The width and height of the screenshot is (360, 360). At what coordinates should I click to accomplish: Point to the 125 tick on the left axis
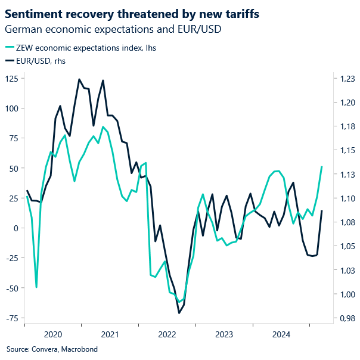tap(11, 79)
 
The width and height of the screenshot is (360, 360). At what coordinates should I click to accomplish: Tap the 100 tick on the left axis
tap(11, 108)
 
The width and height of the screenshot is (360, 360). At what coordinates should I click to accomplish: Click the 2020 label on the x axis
tap(52, 334)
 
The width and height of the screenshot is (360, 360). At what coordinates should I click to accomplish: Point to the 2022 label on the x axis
tap(167, 334)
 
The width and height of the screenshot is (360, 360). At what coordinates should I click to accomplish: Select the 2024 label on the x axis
tap(281, 334)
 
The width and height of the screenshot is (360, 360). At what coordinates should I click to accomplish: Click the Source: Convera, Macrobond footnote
tap(52, 349)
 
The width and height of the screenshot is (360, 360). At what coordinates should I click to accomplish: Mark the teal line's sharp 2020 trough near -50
tap(36, 287)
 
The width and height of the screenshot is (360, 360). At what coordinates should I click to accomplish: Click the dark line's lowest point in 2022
tap(179, 313)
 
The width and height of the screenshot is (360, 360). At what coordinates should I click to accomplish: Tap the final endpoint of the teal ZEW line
tap(322, 167)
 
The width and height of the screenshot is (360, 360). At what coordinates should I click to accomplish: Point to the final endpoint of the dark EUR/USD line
tap(322, 210)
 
